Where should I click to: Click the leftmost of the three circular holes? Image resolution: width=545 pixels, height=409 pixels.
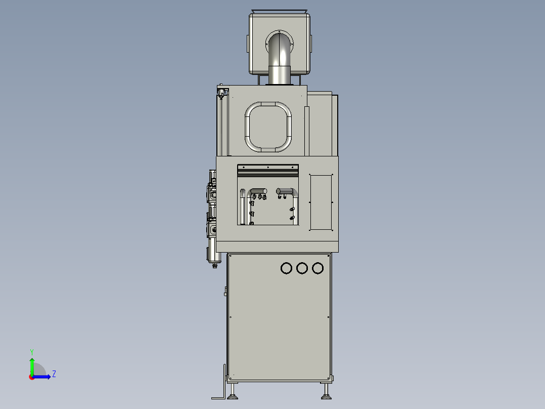[286, 268]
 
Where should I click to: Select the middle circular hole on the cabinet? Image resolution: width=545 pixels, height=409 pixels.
[302, 268]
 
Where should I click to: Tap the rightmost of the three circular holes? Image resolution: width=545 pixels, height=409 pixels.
[317, 268]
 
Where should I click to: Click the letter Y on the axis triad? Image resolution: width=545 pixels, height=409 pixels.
[31, 351]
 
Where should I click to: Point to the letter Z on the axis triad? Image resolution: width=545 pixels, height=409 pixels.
[54, 375]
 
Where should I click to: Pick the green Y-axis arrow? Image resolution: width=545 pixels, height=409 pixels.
[32, 364]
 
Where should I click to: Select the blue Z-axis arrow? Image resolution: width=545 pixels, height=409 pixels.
[43, 377]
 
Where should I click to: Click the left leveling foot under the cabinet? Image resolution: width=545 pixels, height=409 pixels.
[233, 391]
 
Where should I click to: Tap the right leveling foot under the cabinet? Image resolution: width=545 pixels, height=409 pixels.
[325, 391]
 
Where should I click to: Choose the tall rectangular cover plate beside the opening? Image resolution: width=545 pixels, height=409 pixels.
[320, 201]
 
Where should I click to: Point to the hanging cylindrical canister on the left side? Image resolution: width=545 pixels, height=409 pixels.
[213, 251]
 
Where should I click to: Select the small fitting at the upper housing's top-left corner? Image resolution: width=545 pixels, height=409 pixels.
[221, 92]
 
